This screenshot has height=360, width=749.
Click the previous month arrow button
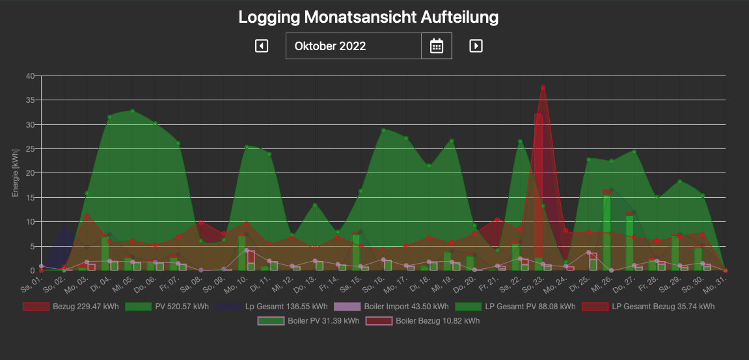click(x=262, y=46)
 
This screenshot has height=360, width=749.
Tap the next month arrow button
click(x=476, y=46)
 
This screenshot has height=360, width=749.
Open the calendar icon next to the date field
click(x=437, y=46)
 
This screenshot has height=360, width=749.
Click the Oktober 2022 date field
click(x=353, y=46)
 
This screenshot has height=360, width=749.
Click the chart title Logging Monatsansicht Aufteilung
click(x=368, y=17)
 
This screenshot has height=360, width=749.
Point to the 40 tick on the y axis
click(x=30, y=76)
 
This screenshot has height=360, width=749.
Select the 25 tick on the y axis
click(x=30, y=149)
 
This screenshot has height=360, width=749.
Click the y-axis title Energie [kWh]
click(x=15, y=173)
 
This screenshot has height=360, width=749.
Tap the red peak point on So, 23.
click(x=543, y=88)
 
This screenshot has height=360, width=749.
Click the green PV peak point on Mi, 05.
click(x=133, y=111)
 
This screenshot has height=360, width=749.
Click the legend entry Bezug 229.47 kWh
click(x=72, y=307)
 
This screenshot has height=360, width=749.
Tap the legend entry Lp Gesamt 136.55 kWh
click(x=273, y=307)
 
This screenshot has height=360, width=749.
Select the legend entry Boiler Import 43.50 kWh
click(x=392, y=307)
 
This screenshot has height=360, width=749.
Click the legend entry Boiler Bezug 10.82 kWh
click(x=423, y=321)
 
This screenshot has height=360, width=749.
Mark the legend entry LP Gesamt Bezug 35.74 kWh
click(x=648, y=307)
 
